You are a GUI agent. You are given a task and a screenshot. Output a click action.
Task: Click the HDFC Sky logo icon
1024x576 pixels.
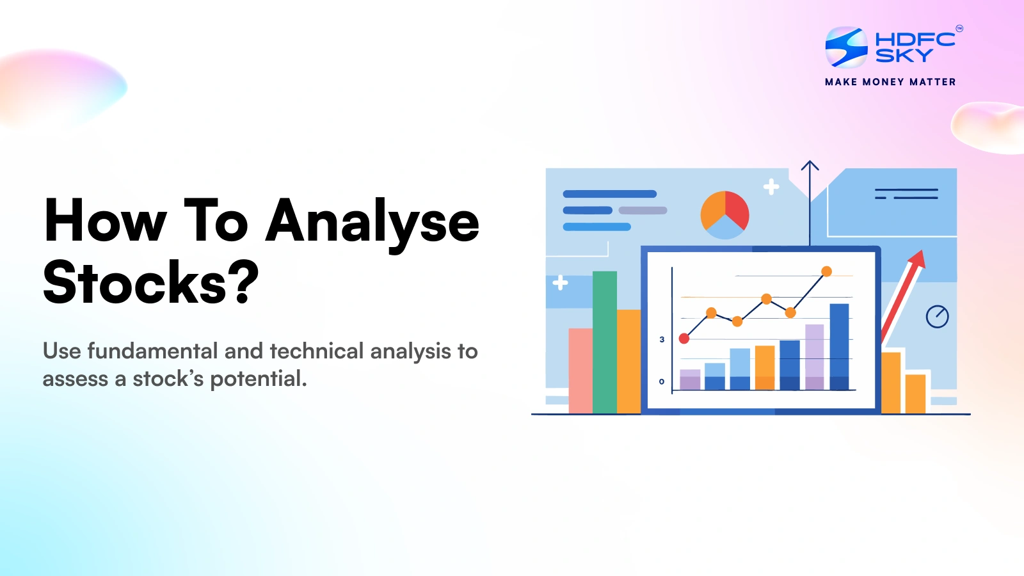tap(846, 47)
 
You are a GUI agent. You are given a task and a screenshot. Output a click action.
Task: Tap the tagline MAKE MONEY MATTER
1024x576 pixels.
tap(890, 82)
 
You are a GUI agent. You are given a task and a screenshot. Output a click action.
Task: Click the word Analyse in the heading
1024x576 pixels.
tap(372, 221)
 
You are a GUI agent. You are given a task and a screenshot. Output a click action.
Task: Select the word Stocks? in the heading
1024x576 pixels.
tap(150, 282)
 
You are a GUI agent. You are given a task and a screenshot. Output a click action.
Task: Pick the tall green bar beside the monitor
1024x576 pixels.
tap(604, 342)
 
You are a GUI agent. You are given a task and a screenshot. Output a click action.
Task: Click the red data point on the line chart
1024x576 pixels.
tap(684, 338)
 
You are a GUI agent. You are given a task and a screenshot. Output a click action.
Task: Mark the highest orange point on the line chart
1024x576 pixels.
tap(826, 271)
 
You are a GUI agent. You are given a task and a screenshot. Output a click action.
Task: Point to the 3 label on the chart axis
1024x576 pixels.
tap(662, 339)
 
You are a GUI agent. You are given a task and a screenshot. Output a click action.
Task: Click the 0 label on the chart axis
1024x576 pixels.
tap(662, 381)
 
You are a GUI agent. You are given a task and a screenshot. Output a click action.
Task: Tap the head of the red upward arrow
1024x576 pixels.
tap(918, 259)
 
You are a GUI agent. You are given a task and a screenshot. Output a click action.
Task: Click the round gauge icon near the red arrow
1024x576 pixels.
tap(937, 316)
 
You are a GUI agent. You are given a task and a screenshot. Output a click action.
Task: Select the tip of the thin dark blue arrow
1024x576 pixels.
tap(810, 163)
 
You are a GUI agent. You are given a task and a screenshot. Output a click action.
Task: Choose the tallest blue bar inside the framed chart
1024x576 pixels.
tap(839, 346)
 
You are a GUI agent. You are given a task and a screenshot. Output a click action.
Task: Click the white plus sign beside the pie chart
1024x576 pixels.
tap(771, 186)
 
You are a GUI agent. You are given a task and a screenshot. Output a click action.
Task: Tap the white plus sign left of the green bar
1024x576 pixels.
tap(560, 282)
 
